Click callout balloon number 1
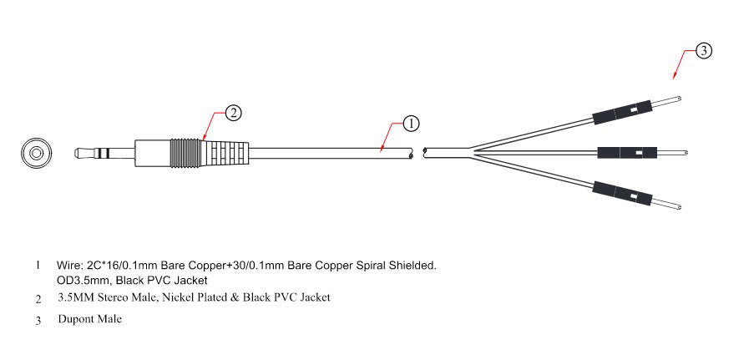(x=411, y=124)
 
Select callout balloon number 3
(x=704, y=51)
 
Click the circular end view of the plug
(x=35, y=153)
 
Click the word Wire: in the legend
(x=71, y=266)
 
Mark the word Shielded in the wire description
(x=413, y=266)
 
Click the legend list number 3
(x=38, y=320)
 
